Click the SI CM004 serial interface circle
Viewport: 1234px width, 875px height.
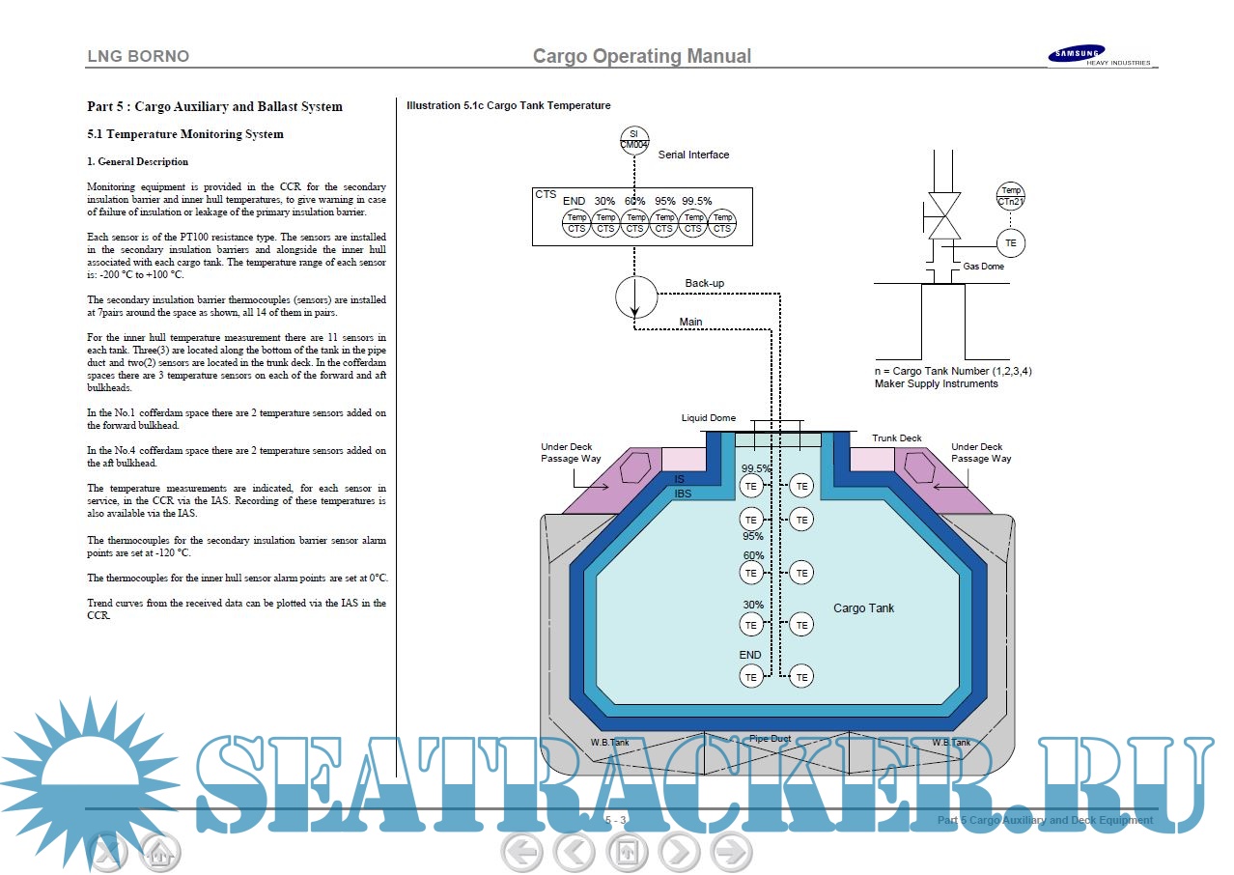(633, 139)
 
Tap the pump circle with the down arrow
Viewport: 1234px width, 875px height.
(634, 298)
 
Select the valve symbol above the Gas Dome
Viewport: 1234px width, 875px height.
(942, 214)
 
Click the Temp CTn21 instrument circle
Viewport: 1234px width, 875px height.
(1010, 196)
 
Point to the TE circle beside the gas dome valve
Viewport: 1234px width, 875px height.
(1010, 243)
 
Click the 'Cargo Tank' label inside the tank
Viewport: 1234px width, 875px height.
(863, 608)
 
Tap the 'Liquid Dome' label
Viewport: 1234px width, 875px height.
(708, 418)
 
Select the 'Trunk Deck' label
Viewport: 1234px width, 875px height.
(897, 438)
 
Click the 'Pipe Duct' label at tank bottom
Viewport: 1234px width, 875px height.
(770, 739)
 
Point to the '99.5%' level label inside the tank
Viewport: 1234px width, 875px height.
(756, 468)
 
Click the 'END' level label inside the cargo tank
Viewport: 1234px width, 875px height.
(750, 655)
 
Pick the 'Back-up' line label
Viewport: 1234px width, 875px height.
(704, 283)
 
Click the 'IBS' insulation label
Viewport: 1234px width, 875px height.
(683, 494)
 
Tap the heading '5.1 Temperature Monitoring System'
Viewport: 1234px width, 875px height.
(185, 134)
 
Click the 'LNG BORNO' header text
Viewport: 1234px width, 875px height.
(138, 56)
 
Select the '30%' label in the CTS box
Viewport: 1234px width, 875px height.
(604, 201)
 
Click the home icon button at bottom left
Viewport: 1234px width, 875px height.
(160, 853)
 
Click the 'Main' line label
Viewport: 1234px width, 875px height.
(690, 322)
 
